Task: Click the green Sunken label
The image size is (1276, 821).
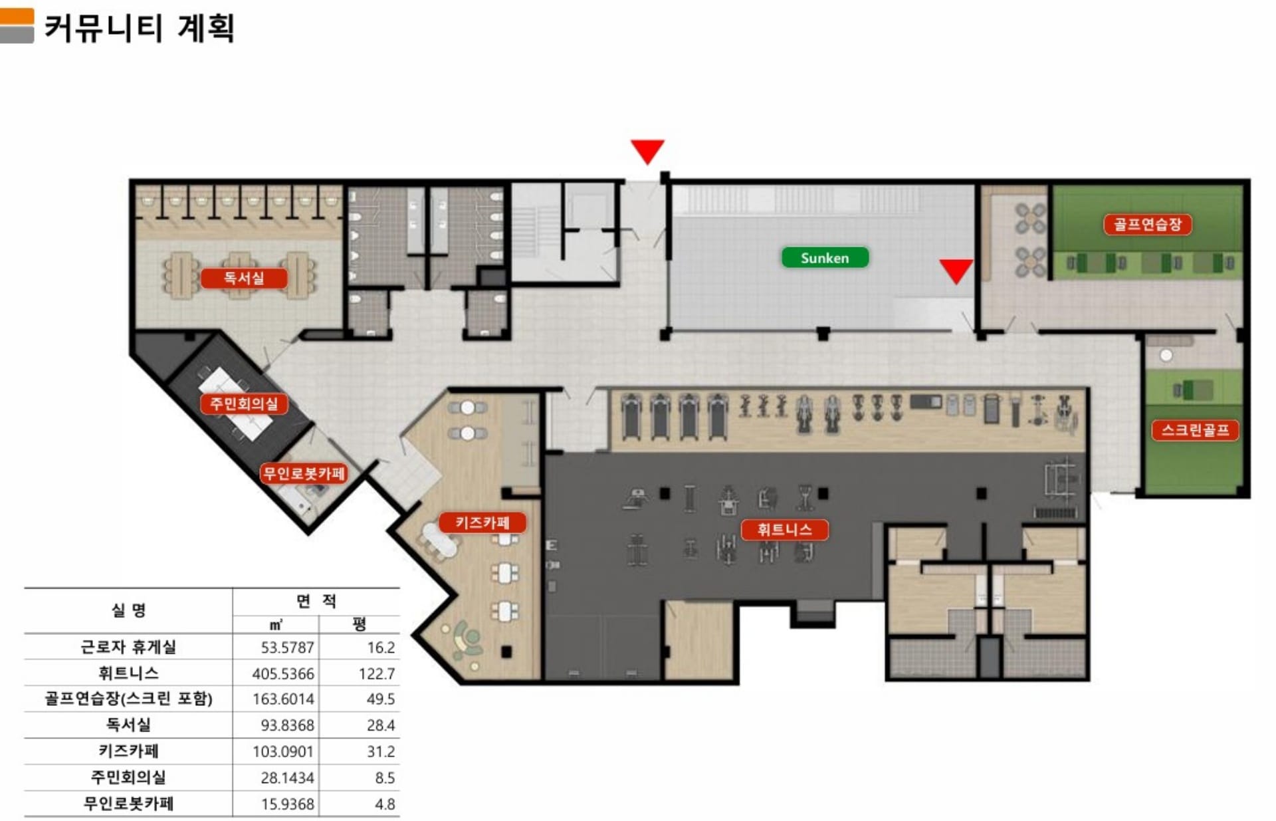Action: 825,258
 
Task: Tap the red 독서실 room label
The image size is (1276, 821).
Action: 244,278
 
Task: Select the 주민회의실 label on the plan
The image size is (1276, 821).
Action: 244,404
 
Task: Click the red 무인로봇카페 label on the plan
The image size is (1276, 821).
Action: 304,473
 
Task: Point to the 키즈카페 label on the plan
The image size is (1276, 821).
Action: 482,523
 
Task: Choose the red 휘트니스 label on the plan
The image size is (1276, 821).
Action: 784,530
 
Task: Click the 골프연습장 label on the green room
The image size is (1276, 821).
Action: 1148,224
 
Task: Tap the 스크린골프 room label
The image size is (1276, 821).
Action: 1195,430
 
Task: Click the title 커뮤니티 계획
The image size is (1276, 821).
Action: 140,28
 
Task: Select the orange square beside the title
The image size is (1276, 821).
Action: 17,17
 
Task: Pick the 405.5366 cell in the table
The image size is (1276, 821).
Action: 283,673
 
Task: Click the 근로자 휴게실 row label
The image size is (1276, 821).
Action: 128,647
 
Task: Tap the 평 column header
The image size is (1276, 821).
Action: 360,624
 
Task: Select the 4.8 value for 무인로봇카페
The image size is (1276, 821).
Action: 385,804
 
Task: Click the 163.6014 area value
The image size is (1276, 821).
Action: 283,699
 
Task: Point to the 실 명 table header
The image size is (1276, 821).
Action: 128,610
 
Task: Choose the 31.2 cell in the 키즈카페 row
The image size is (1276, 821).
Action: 381,752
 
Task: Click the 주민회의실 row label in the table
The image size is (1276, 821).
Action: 128,777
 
